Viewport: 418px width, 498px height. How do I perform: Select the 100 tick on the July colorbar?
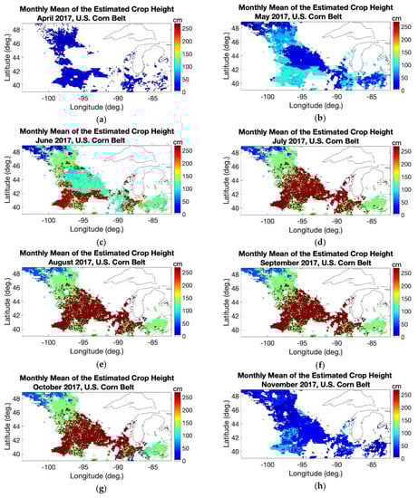click(406, 186)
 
